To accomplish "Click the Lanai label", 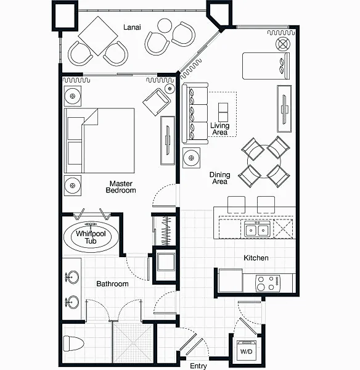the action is (132, 27).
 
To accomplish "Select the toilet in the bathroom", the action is (73, 343).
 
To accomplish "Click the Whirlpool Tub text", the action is (91, 237).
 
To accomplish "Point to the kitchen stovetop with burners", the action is (268, 283).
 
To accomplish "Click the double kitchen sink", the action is (257, 229).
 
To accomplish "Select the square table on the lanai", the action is (98, 36).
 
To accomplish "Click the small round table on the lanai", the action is (165, 25).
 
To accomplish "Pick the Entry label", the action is (198, 366).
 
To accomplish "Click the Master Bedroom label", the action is (121, 187).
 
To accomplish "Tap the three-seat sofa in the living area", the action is (195, 113).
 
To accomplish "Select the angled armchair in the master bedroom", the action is (157, 102).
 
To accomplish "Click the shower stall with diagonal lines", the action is (133, 343).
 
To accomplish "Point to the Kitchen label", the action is (256, 258).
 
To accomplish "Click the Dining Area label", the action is (219, 178).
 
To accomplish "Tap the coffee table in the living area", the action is (223, 112).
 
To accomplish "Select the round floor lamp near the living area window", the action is (283, 44).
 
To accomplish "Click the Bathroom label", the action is (113, 284).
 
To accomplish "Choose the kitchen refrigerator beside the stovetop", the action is (231, 281).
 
